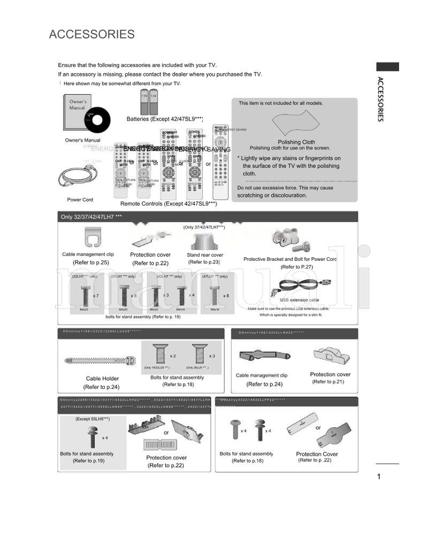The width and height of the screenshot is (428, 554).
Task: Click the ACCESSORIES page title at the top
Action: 91,35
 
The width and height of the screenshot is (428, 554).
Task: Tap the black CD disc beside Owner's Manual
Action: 97,120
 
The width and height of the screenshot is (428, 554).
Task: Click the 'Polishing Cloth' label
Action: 296,142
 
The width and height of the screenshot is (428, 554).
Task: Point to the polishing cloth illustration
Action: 293,123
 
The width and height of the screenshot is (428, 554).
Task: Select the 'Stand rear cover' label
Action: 205,255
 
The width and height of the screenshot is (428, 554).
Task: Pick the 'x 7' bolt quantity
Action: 95,296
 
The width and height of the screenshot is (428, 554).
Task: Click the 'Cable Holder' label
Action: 102,379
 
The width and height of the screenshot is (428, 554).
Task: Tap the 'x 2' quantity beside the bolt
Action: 173,356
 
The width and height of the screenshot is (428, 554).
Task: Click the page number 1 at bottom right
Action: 378,477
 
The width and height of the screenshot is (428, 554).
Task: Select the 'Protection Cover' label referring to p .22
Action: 317,454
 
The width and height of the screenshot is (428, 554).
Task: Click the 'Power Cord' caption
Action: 80,199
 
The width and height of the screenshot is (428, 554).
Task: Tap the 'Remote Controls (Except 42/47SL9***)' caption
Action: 169,204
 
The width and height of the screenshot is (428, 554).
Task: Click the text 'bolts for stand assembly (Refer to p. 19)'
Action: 143,317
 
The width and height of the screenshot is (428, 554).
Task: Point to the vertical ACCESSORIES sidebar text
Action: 380,99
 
